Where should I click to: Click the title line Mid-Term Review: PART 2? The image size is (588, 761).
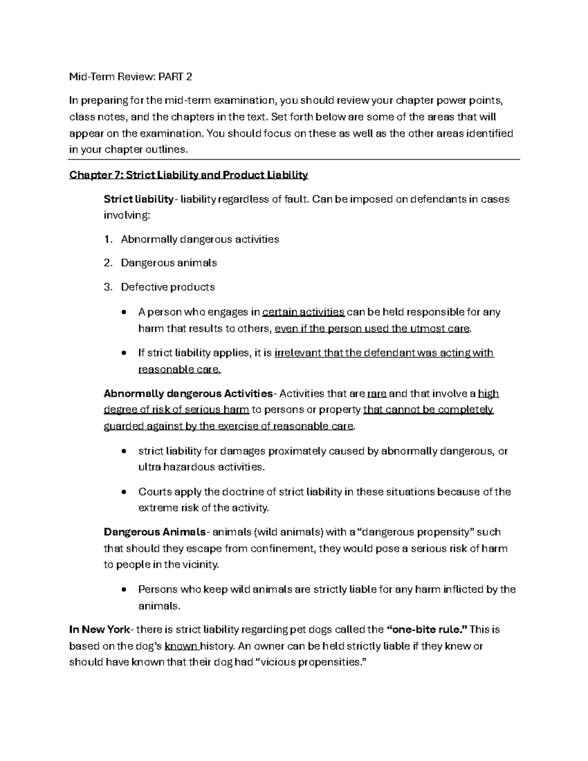point(130,76)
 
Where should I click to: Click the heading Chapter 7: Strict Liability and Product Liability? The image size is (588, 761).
point(189,175)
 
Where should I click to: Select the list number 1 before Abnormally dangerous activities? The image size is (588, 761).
point(108,240)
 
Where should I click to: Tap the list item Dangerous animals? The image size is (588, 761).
point(169,263)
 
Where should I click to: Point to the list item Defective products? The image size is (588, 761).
point(168,287)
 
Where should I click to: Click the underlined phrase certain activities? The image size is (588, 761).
point(303,312)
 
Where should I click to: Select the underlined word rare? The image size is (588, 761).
point(377,393)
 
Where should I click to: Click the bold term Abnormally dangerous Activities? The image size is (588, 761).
point(188,393)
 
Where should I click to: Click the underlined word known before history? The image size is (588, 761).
point(181,646)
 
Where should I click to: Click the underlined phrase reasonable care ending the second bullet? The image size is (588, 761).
point(179,369)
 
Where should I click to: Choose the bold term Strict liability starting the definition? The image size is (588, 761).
point(138,199)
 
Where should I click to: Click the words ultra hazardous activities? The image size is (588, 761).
point(201,467)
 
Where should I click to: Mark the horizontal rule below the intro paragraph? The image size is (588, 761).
point(294,159)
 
